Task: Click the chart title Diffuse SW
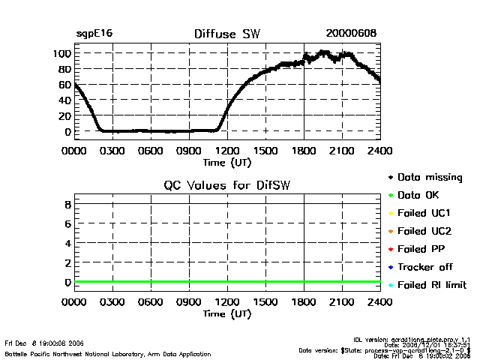point(225,34)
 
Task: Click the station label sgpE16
point(94,34)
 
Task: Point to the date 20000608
point(351,34)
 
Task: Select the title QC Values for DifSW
point(227,186)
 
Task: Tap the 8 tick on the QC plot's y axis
point(67,204)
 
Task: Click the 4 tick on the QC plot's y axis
point(67,243)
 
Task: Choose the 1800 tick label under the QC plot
point(304,302)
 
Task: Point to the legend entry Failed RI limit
point(432,285)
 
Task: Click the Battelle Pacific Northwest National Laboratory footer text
point(108,353)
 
